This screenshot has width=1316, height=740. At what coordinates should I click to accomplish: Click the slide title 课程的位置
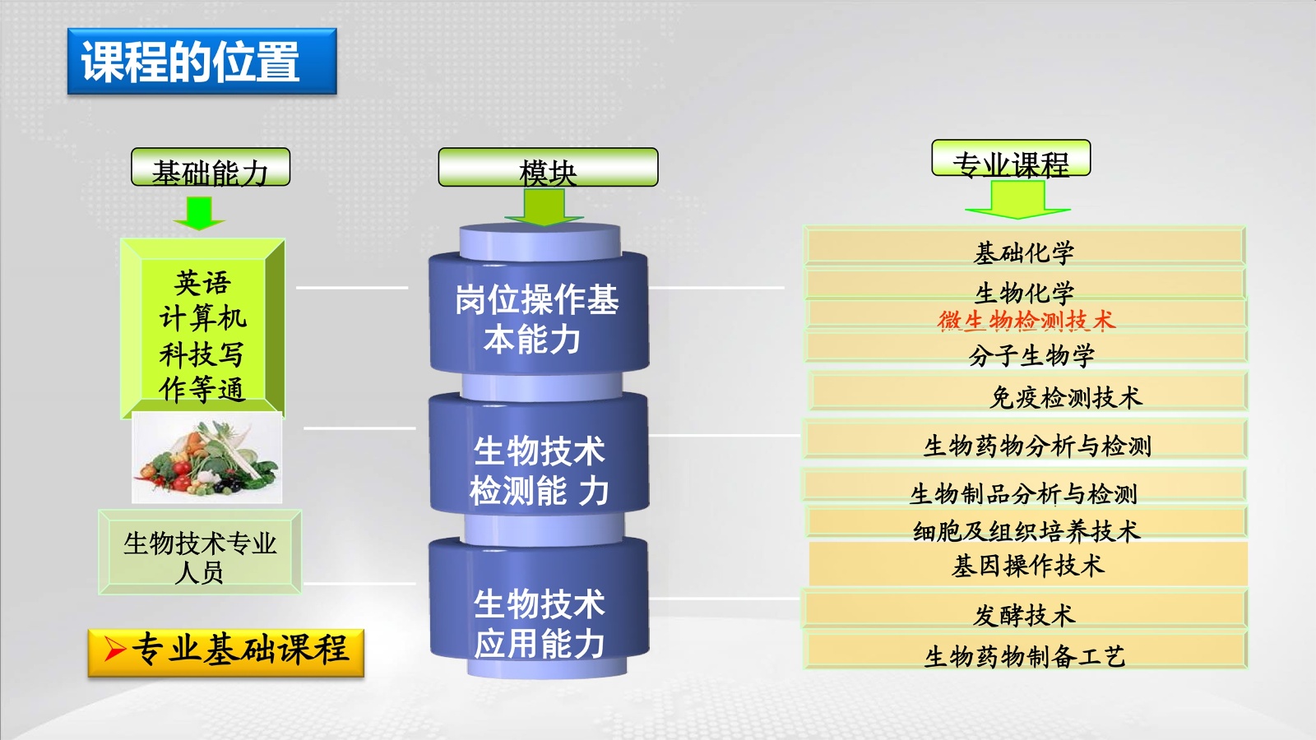pos(202,62)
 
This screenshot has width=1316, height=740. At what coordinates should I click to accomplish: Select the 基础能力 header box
pos(211,168)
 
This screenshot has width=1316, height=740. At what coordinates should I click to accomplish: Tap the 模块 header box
pos(548,168)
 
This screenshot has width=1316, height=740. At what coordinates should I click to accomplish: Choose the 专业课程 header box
pos(1011,159)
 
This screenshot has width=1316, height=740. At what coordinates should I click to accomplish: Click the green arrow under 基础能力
pos(198,212)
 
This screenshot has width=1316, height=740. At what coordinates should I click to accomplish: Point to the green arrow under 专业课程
pos(1017,200)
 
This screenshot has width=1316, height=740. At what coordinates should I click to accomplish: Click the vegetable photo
pos(207,459)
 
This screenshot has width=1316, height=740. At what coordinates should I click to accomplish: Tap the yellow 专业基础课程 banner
pos(226,652)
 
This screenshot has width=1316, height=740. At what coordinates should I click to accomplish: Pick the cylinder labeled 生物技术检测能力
pos(539,469)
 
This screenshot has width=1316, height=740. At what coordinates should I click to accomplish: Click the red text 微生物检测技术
pos(1026,320)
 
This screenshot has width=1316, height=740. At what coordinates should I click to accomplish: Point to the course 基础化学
pos(1024,251)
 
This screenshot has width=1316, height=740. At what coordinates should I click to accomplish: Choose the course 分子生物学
pos(1031,354)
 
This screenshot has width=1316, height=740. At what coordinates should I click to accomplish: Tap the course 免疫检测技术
pos(1065,397)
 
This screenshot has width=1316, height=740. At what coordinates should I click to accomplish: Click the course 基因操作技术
pos(1027,565)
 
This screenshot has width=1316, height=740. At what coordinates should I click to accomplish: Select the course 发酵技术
pos(1024,614)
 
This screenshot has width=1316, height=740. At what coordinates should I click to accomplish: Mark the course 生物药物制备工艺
pos(1024,655)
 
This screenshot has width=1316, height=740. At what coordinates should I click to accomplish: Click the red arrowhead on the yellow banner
pos(114,650)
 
